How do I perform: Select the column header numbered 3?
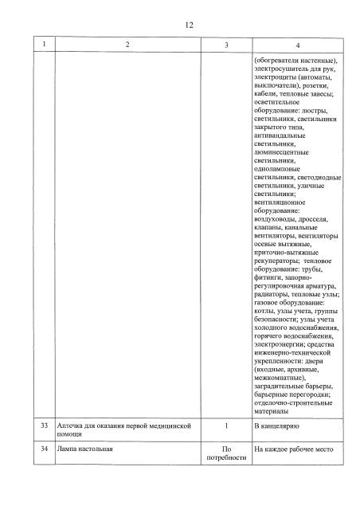[x=227, y=45]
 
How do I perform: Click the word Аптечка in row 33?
[x=72, y=427]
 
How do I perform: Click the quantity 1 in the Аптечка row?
[x=227, y=427]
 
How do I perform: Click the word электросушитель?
[x=279, y=70]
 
